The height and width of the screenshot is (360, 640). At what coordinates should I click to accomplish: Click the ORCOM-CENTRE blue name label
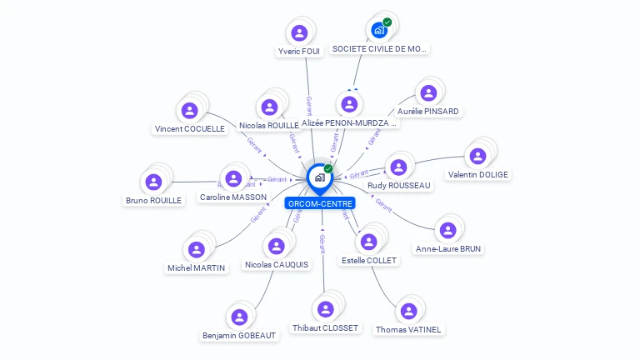(320, 203)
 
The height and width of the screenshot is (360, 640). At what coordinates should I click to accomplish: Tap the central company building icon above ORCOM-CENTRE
(319, 177)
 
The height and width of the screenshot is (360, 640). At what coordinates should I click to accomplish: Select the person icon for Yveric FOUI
(299, 33)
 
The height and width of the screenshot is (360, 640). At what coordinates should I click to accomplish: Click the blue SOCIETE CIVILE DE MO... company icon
(380, 31)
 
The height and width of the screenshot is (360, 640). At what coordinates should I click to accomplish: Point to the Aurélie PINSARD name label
(428, 111)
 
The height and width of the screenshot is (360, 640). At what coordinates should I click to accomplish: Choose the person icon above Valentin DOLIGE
(477, 156)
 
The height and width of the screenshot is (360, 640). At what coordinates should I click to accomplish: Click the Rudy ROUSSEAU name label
(399, 185)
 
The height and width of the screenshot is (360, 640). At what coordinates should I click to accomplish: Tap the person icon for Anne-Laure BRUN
(448, 230)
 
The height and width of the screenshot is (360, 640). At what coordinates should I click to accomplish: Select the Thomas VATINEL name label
(408, 329)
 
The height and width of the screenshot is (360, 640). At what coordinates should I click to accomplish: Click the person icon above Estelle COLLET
(368, 242)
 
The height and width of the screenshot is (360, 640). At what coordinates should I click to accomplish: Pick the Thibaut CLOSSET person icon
(325, 309)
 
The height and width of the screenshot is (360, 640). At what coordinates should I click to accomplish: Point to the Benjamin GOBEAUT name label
(239, 335)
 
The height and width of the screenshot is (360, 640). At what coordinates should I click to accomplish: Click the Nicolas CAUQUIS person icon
(277, 246)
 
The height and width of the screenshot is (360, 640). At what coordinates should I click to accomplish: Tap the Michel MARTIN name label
(197, 267)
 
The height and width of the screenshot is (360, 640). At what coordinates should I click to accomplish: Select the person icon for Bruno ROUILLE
(153, 182)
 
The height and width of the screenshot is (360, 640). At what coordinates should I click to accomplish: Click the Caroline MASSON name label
(233, 197)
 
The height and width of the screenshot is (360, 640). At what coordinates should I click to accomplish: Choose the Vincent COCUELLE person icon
(189, 110)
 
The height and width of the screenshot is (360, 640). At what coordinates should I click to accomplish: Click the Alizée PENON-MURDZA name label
(350, 122)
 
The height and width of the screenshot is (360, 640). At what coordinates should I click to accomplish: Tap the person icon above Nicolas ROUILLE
(269, 107)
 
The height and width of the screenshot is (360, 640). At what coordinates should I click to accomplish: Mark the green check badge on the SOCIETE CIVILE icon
(387, 22)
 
